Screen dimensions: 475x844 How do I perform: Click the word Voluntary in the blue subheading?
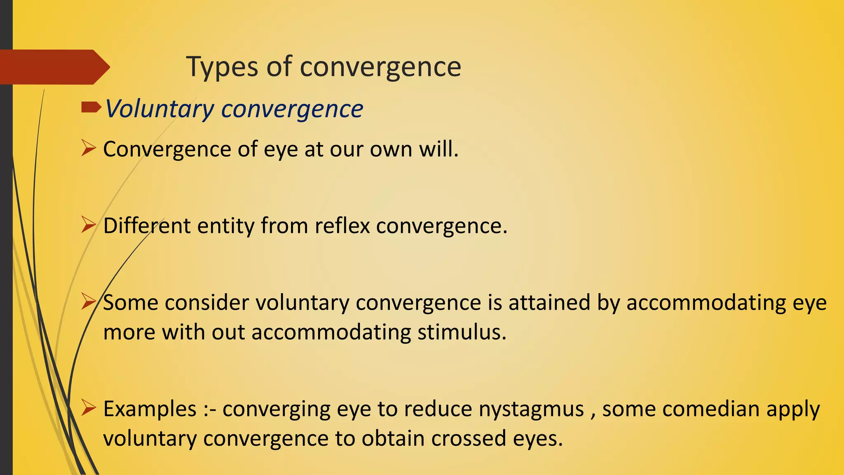point(159,109)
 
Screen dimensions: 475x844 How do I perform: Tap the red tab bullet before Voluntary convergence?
point(91,108)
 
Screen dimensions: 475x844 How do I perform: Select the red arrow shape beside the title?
point(54,67)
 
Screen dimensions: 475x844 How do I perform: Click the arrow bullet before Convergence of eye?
point(88,148)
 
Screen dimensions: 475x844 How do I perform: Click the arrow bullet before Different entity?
point(88,225)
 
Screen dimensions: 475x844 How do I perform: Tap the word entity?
point(225,226)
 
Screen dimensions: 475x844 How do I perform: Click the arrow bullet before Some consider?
point(88,301)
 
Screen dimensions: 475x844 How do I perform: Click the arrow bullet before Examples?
point(88,408)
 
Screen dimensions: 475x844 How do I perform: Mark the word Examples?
point(150,409)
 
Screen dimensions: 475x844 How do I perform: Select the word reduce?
point(438,409)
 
